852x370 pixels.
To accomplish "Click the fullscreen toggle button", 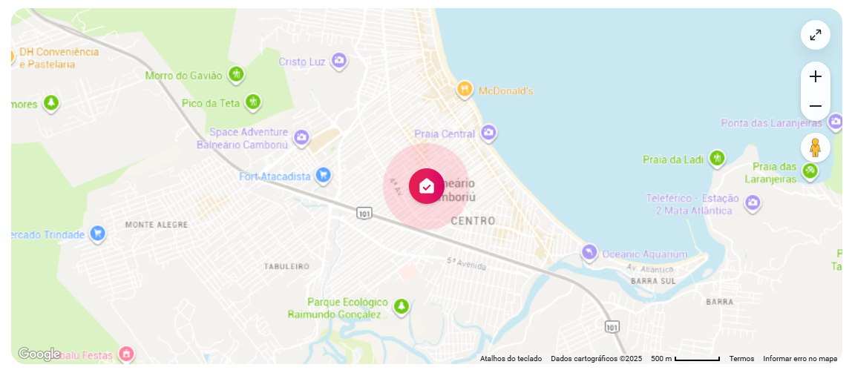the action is (x=815, y=35).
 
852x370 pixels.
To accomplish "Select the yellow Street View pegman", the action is (x=815, y=148).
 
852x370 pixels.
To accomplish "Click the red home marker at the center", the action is (x=427, y=186).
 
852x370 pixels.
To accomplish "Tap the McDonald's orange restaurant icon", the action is (x=465, y=90).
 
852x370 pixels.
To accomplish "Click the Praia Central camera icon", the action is (x=488, y=133).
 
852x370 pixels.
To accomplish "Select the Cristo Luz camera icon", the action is (x=338, y=61).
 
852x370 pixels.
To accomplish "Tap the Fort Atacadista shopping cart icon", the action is (x=323, y=176).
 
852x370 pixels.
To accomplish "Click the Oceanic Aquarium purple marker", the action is (x=589, y=254).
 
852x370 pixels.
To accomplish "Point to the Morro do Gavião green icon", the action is (x=236, y=75).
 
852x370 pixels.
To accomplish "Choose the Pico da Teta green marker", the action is (x=254, y=102).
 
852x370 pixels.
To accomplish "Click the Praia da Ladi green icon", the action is (x=716, y=159).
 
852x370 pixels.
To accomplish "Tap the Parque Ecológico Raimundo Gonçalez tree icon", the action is (x=402, y=306).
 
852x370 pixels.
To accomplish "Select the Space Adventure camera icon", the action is (x=301, y=137).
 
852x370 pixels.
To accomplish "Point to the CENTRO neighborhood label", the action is (x=473, y=221).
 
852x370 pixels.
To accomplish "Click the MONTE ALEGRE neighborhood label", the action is (x=157, y=224).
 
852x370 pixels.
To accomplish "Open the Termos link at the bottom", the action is (x=741, y=359).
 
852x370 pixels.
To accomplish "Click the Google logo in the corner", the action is (x=39, y=354).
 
